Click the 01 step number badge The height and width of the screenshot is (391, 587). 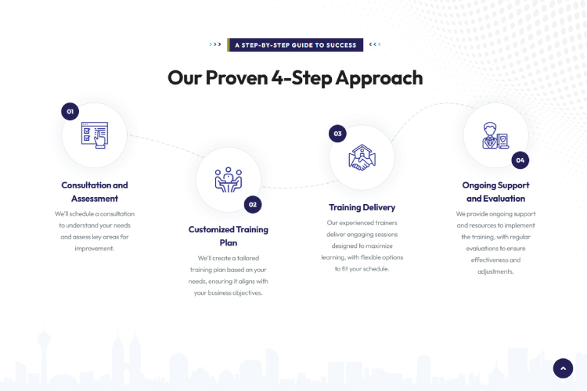click(x=70, y=112)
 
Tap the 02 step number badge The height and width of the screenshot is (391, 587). click(x=252, y=204)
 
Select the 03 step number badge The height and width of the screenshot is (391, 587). click(x=337, y=134)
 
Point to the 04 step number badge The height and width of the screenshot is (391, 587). click(x=520, y=160)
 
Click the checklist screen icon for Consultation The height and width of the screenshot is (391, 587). click(x=95, y=135)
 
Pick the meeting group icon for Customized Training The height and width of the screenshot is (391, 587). click(x=229, y=180)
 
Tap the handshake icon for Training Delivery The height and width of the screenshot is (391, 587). click(x=362, y=156)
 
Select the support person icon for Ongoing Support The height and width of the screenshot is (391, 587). click(x=495, y=135)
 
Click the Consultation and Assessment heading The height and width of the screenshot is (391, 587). click(x=95, y=192)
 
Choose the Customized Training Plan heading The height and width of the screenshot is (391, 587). click(x=229, y=235)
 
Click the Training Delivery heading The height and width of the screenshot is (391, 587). click(x=362, y=207)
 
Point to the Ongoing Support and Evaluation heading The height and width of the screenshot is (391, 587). click(x=495, y=192)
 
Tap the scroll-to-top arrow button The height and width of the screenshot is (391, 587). click(x=564, y=368)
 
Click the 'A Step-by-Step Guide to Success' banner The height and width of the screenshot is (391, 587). click(x=295, y=45)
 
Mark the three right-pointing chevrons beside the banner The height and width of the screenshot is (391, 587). click(x=215, y=45)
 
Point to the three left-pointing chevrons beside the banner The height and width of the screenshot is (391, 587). click(x=375, y=45)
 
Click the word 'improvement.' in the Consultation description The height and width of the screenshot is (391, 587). click(x=95, y=249)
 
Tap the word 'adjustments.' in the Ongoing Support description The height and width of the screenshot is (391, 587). click(x=495, y=271)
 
